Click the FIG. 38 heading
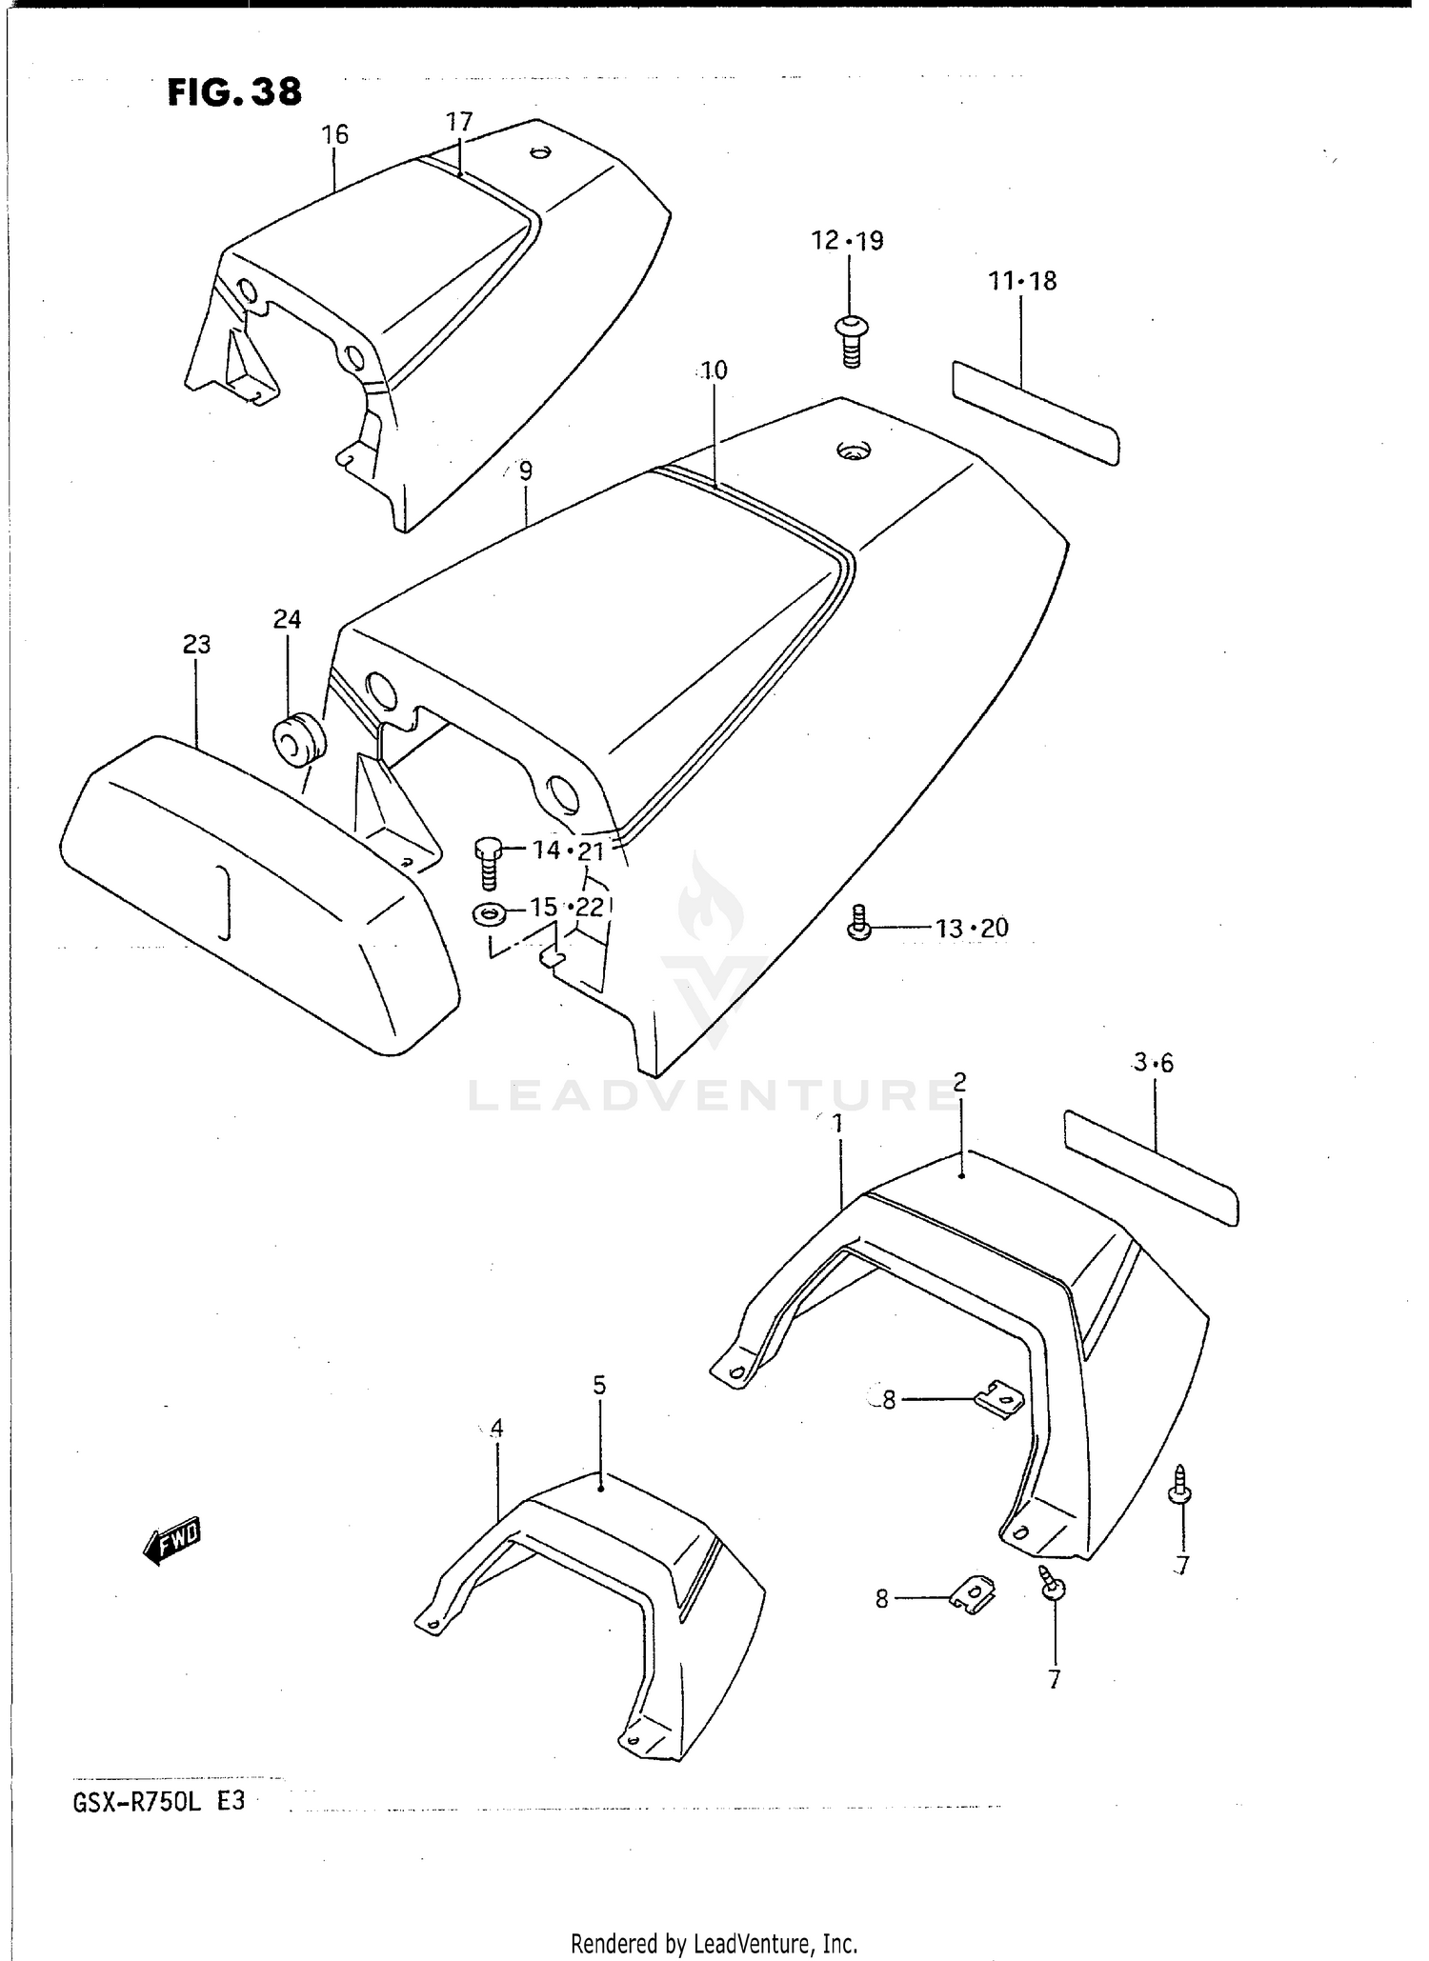[x=234, y=92]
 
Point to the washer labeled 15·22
[x=490, y=914]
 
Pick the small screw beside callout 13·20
[x=859, y=924]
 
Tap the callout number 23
[x=196, y=645]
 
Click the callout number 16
[x=334, y=134]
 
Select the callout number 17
[x=459, y=121]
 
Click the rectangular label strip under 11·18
[x=1036, y=411]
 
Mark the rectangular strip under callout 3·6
[x=1150, y=1167]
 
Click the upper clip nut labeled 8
[x=999, y=1399]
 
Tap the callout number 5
[x=599, y=1386]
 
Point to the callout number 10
[x=714, y=370]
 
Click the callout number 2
[x=959, y=1081]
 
